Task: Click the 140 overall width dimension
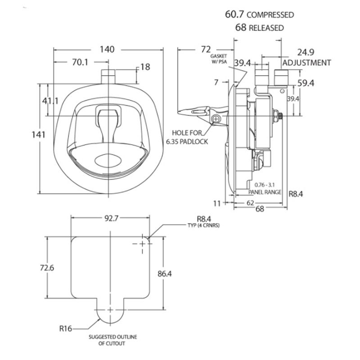(x=107, y=49)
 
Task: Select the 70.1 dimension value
(x=80, y=63)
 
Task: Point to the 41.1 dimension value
(x=50, y=101)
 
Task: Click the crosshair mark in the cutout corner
(x=143, y=243)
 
